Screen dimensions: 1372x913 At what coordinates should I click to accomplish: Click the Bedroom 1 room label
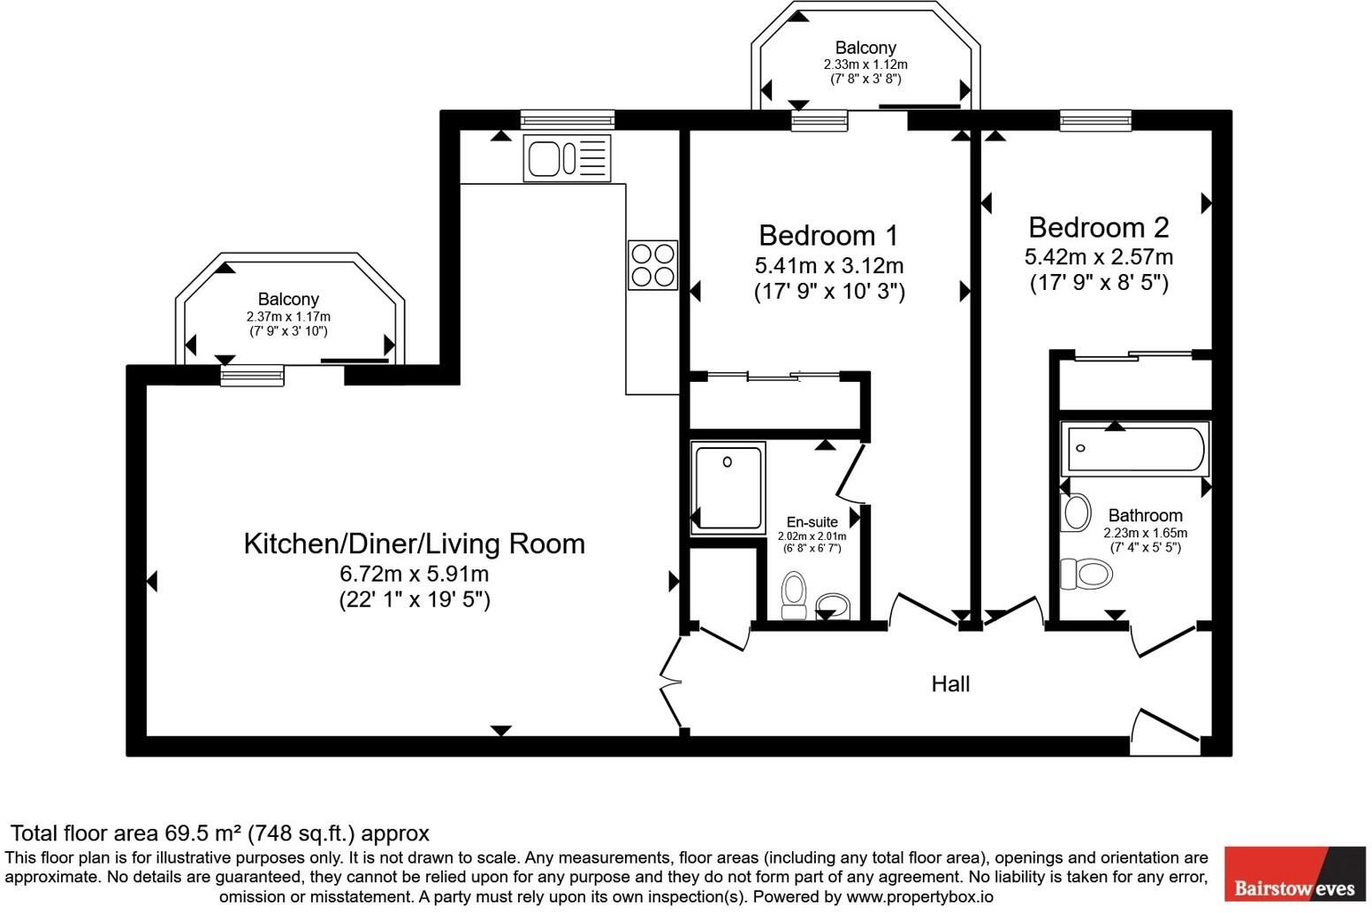click(828, 236)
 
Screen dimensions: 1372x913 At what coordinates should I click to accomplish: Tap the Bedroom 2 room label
click(1099, 228)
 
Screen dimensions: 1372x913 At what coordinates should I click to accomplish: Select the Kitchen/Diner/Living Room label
click(415, 544)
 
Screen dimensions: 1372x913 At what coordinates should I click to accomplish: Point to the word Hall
click(950, 684)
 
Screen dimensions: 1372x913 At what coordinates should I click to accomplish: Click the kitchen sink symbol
click(568, 158)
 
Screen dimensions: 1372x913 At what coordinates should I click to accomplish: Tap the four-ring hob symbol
click(653, 265)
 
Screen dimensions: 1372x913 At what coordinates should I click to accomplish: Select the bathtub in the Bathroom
click(1136, 449)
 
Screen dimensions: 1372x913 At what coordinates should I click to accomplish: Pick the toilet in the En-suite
click(795, 595)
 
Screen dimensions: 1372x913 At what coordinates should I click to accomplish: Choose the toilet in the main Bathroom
click(1086, 574)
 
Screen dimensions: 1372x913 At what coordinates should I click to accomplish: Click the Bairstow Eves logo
click(1295, 874)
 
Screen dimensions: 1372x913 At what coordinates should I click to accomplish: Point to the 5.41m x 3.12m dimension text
click(829, 266)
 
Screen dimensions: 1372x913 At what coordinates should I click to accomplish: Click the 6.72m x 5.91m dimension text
click(415, 574)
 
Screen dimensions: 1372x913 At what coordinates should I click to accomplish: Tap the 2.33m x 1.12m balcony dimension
click(865, 65)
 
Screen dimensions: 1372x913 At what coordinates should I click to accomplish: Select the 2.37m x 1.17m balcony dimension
click(288, 316)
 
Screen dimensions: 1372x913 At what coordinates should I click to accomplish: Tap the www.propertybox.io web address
click(920, 897)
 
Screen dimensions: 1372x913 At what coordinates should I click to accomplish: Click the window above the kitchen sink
click(568, 119)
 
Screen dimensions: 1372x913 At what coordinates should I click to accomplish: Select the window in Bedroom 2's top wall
click(1096, 120)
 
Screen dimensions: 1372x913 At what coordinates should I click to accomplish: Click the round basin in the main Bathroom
click(1076, 512)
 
